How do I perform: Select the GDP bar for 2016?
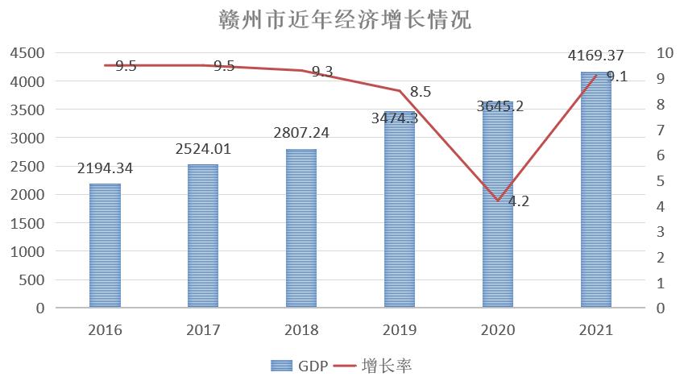[x=105, y=246]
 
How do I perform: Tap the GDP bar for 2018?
[x=301, y=229]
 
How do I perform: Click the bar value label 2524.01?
[x=203, y=149]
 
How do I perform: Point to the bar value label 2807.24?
[x=301, y=133]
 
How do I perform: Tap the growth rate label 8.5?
[x=421, y=92]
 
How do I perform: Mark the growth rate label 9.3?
[x=322, y=72]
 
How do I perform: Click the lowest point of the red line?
[x=498, y=201]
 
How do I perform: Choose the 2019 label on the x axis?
[x=400, y=330]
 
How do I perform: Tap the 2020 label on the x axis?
[x=498, y=330]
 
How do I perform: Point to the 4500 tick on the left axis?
[x=27, y=53]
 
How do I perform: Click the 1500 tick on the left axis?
[x=27, y=223]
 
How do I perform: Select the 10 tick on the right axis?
[x=665, y=53]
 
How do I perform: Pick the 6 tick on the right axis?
[x=661, y=155]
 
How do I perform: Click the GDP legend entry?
[x=298, y=366]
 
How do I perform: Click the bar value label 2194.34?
[x=105, y=168]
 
